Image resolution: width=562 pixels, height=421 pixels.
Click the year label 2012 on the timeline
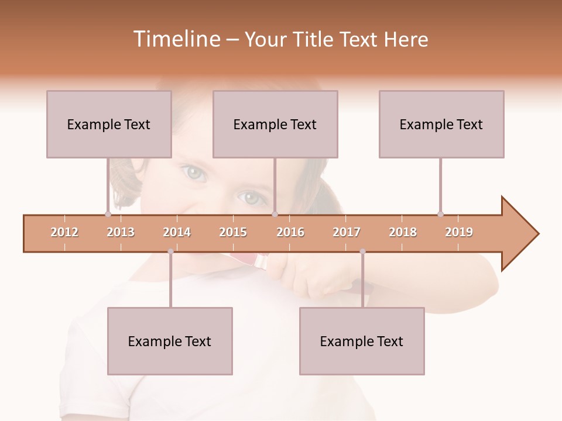pyautogui.click(x=64, y=232)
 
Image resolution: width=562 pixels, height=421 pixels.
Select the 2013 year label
pyautogui.click(x=121, y=232)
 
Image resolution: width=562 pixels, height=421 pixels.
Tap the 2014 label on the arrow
pyautogui.click(x=177, y=232)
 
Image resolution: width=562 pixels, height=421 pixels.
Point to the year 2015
pyautogui.click(x=233, y=232)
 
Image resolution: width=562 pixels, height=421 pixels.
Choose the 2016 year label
pyautogui.click(x=290, y=232)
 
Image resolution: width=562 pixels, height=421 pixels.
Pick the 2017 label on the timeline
pyautogui.click(x=347, y=232)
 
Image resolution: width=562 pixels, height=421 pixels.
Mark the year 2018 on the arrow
pyautogui.click(x=403, y=232)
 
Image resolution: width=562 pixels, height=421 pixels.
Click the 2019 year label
pyautogui.click(x=459, y=232)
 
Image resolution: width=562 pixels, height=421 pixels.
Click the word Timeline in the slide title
pyautogui.click(x=176, y=39)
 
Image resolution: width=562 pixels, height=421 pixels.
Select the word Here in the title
pyautogui.click(x=406, y=39)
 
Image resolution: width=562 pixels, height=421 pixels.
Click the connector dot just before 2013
pyautogui.click(x=108, y=214)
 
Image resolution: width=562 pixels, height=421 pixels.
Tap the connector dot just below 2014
pyautogui.click(x=170, y=251)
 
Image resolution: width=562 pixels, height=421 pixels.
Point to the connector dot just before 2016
pyautogui.click(x=275, y=214)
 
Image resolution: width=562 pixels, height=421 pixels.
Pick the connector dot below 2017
pyautogui.click(x=362, y=251)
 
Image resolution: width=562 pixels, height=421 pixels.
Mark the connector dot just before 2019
pyautogui.click(x=440, y=214)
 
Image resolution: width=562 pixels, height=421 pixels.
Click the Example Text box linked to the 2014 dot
pyautogui.click(x=170, y=341)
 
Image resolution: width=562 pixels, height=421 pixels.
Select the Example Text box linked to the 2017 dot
pyautogui.click(x=362, y=341)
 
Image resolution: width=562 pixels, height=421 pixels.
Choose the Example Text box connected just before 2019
pyautogui.click(x=441, y=124)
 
